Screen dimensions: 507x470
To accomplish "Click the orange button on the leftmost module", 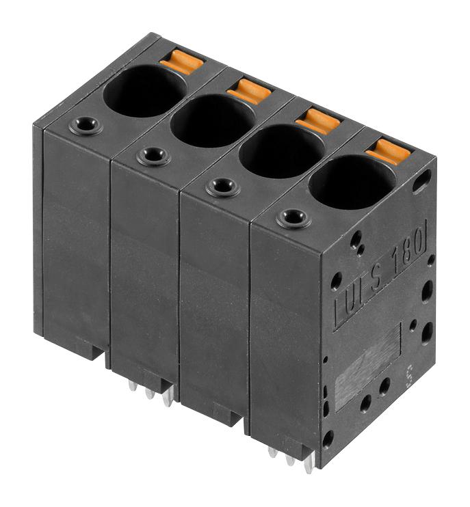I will (182, 62).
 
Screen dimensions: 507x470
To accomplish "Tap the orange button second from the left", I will (250, 91).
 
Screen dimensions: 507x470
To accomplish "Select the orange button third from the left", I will (318, 121).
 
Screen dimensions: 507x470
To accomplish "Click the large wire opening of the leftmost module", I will (144, 91).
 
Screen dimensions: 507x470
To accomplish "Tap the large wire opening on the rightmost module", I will (352, 182).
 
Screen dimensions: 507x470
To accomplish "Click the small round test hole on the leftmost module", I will (86, 126).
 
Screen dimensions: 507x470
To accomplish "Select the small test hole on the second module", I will (153, 156).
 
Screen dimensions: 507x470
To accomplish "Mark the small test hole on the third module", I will (223, 187).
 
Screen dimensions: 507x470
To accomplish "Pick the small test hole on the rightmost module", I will (293, 219).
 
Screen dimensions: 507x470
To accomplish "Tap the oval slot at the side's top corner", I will (422, 180).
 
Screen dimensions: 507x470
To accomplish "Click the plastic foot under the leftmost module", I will (81, 348).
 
